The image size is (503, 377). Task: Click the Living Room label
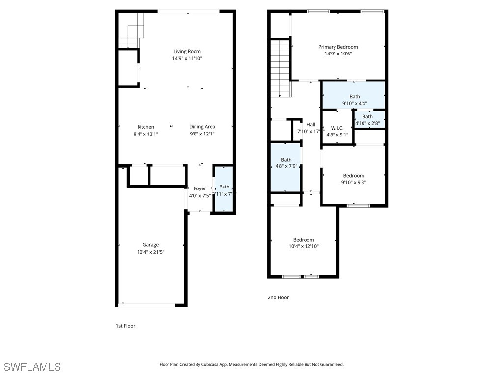187,51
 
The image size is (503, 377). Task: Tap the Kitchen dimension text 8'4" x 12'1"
145,134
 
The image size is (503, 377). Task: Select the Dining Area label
202,127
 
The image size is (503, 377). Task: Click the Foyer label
200,188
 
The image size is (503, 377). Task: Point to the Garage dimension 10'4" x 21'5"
151,252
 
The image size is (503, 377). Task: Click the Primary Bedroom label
338,47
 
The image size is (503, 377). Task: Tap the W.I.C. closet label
337,128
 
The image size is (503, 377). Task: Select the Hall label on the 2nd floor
310,125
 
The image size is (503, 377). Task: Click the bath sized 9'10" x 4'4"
355,97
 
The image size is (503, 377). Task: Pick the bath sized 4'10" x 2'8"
367,117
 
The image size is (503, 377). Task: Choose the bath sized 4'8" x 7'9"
286,160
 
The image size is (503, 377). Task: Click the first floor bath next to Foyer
224,187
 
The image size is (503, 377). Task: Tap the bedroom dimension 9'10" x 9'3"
354,183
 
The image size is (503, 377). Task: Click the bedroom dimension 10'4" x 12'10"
304,246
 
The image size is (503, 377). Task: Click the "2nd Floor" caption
278,297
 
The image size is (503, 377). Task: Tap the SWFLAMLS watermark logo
32,367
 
